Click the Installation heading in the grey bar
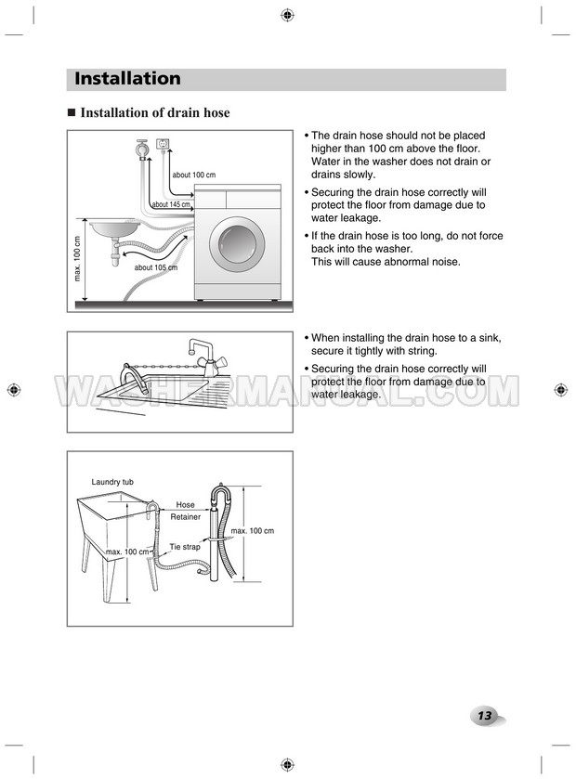[x=127, y=79]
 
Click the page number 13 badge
[x=485, y=716]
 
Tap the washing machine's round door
[x=236, y=246]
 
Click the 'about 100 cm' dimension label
[x=193, y=175]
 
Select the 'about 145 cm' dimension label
[x=171, y=204]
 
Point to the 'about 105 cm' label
[x=155, y=268]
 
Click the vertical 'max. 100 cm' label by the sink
[x=78, y=260]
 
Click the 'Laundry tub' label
[x=112, y=482]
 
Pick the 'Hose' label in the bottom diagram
[x=185, y=505]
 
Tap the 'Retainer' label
[x=185, y=517]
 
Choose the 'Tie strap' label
[x=184, y=547]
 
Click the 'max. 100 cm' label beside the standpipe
[x=252, y=530]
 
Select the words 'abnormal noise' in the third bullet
[x=421, y=262]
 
